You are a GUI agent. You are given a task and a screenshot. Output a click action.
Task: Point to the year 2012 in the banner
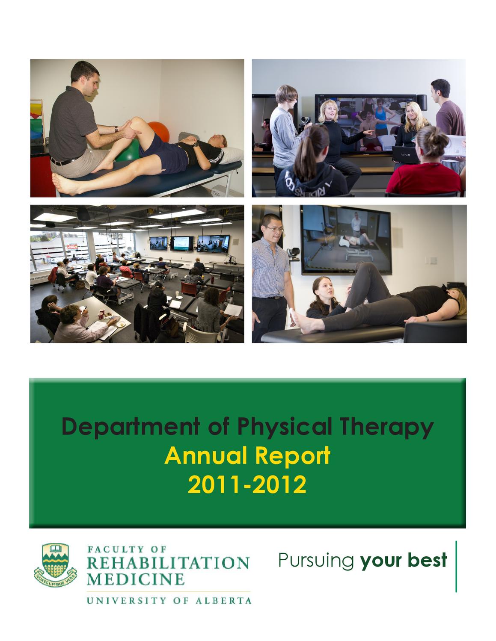point(279,484)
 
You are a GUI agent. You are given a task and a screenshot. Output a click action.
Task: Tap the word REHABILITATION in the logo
point(168,563)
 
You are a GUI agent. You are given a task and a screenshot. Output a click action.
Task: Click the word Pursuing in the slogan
point(316,561)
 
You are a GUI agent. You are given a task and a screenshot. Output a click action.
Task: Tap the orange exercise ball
point(160,131)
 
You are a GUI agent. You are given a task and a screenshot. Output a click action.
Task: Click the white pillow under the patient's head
point(232,156)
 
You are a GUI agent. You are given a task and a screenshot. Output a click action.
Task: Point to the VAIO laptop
point(405,155)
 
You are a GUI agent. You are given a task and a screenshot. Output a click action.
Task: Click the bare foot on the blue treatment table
point(63,184)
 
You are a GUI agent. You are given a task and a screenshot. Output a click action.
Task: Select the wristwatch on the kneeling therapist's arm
point(116,129)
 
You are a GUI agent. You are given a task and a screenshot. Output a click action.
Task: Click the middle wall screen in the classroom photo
point(181,244)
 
